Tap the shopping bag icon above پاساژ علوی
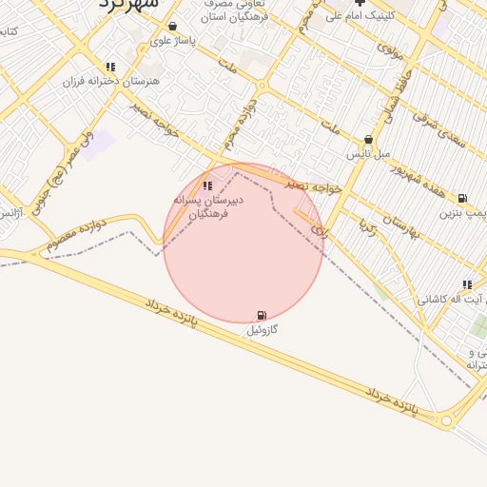[x=172, y=27]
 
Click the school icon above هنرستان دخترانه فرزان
[x=111, y=68]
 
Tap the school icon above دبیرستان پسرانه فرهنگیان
[x=208, y=185]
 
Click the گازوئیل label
[x=262, y=330]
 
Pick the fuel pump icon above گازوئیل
[x=262, y=315]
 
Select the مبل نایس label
[x=369, y=154]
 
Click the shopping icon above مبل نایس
[x=369, y=140]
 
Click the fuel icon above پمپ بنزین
[x=462, y=199]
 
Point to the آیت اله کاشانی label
[x=455, y=300]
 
